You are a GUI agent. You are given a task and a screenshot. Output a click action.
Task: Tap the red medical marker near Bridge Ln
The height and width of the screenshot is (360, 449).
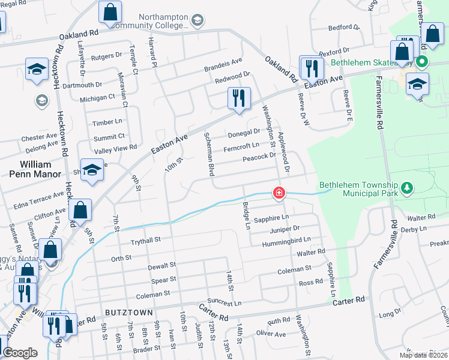(279, 193)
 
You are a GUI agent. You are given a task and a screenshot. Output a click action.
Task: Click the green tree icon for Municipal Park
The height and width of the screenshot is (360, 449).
(408, 188)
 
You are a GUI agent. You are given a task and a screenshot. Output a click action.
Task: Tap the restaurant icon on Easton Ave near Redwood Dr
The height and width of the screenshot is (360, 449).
(239, 98)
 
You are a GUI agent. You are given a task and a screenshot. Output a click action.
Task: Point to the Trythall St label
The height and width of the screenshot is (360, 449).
(146, 240)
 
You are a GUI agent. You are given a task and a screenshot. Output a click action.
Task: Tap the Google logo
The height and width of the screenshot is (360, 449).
(20, 353)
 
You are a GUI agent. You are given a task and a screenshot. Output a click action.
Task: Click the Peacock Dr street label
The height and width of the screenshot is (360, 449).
(259, 158)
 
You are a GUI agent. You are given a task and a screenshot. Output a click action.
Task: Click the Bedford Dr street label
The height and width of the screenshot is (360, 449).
(343, 28)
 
